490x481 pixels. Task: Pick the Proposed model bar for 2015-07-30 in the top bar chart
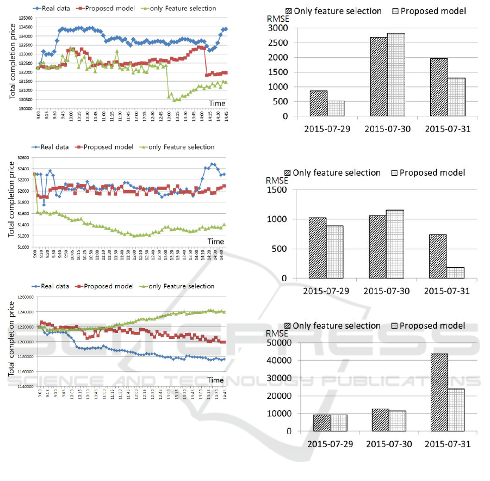pos(396,75)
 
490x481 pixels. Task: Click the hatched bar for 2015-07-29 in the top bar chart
pos(319,103)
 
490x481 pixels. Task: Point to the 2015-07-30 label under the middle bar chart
pos(387,291)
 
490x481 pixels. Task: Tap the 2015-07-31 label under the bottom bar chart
pos(447,443)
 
